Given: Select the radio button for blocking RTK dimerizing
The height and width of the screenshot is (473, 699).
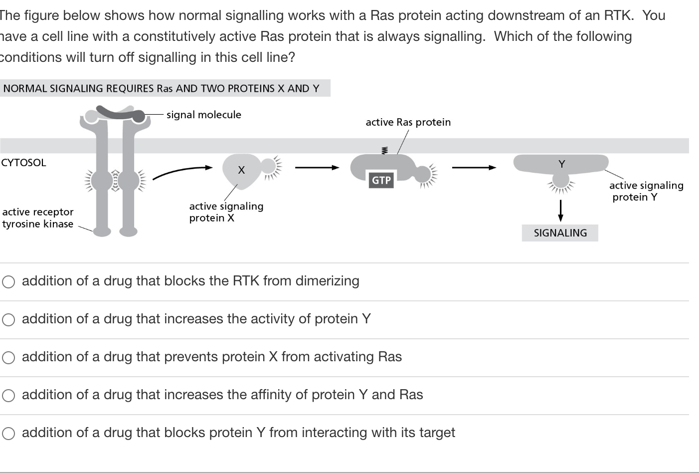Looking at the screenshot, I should [8, 282].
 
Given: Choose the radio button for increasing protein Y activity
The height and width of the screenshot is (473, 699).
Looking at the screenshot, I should [8, 320].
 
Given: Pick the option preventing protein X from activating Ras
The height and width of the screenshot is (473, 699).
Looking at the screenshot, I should [8, 358].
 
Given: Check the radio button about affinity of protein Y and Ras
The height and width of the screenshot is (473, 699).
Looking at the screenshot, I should [8, 396].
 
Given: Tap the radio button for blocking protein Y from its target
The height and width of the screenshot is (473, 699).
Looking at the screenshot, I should [8, 434].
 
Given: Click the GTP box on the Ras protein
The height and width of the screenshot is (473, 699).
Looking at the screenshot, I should [381, 180].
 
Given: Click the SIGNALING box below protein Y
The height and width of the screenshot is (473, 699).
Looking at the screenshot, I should [560, 233].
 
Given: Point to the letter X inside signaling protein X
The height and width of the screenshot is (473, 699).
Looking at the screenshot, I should [241, 170].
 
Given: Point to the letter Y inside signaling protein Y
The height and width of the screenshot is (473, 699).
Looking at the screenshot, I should [562, 164].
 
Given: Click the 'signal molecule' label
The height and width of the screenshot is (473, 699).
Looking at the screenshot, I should [203, 115].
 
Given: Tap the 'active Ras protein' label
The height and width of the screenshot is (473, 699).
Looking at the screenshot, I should [408, 122].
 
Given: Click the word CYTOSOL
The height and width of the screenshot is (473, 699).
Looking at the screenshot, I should [24, 163].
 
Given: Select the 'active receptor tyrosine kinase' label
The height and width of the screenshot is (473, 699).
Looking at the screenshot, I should [38, 218].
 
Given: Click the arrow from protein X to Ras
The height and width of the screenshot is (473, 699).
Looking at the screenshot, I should [317, 168].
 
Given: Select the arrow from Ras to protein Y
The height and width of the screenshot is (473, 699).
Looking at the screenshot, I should [474, 168].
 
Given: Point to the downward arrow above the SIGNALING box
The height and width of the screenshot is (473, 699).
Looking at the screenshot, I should [560, 210].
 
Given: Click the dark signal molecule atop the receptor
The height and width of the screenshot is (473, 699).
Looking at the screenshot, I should [121, 114].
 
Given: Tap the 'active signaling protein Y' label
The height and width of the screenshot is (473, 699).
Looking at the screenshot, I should [646, 191].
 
